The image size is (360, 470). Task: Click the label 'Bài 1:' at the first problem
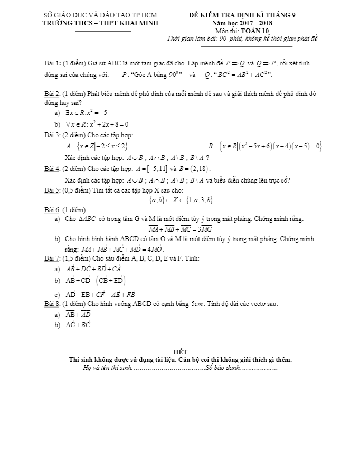[x=53, y=64]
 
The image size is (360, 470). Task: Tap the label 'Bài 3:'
[x=53, y=136]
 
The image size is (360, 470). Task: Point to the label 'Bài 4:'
[x=53, y=169]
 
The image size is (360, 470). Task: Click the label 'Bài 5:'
[x=53, y=190]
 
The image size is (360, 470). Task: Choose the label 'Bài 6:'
[x=53, y=210]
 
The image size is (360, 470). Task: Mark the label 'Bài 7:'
[x=53, y=258]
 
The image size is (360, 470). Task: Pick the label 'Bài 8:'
[x=53, y=304]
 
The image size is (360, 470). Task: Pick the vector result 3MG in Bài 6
[x=204, y=229]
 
